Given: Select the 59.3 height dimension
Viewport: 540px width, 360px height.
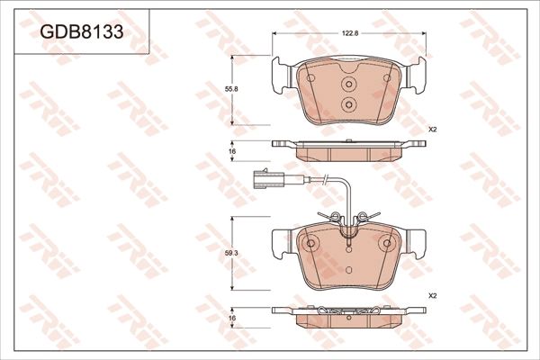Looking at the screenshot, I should [x=231, y=254].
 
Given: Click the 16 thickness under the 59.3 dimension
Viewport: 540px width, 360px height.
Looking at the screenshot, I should [x=231, y=319].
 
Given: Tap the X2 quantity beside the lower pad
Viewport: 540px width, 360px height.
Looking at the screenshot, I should [x=433, y=294].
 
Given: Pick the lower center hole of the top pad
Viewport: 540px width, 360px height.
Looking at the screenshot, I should [x=346, y=103].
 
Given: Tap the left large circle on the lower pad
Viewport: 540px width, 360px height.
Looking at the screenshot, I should [x=309, y=243].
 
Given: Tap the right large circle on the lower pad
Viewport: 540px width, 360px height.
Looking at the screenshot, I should [x=386, y=243].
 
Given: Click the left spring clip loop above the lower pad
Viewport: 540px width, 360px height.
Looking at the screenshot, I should [x=333, y=215].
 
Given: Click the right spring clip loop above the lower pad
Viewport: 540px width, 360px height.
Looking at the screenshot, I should [x=362, y=215].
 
